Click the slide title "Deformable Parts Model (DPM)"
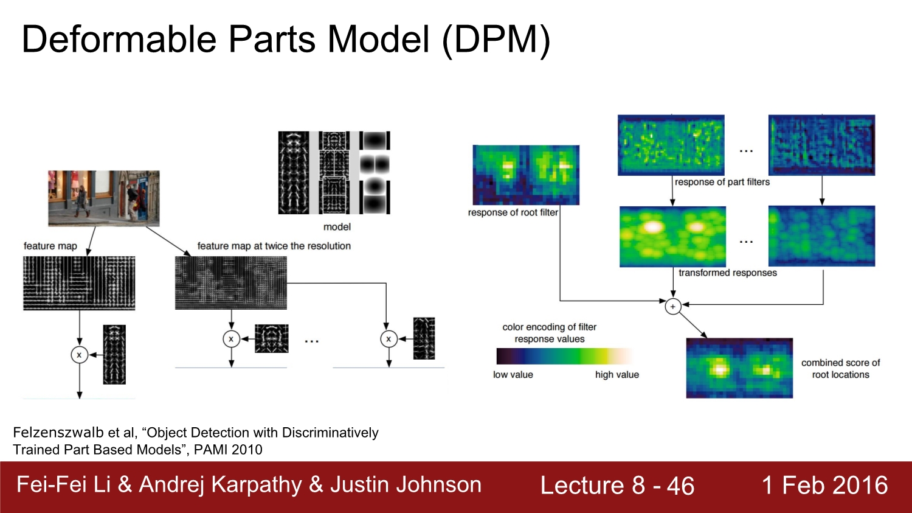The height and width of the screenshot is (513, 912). click(286, 40)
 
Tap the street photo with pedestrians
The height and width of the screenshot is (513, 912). click(104, 198)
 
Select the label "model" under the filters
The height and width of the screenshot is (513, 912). click(337, 227)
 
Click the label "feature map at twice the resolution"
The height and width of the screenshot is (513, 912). click(274, 246)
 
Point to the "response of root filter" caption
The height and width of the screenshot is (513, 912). click(513, 212)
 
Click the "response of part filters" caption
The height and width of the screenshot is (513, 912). click(722, 182)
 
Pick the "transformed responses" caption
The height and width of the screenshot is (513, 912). click(727, 273)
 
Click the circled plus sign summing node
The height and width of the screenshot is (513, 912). click(672, 307)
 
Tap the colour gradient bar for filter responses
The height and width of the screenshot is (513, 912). click(565, 356)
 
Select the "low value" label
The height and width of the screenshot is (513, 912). click(513, 375)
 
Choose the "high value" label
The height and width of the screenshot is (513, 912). click(617, 375)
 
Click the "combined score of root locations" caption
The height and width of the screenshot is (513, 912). click(840, 369)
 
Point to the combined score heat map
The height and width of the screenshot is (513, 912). click(739, 368)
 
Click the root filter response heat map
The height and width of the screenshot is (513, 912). click(526, 175)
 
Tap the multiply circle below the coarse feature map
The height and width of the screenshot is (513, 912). click(79, 354)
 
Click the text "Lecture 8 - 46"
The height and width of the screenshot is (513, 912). click(617, 486)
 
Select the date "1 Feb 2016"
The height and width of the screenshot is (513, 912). click(824, 486)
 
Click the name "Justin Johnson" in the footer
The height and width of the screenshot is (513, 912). click(406, 484)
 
